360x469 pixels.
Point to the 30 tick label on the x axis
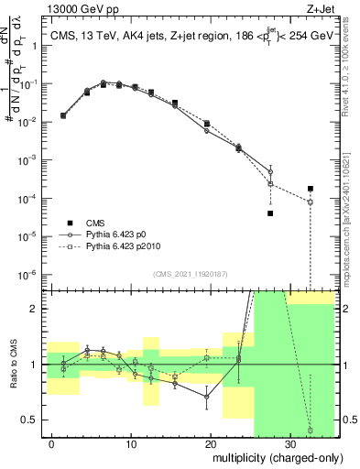pyautogui.click(x=289, y=444)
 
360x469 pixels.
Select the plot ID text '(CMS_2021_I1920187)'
pyautogui.click(x=190, y=274)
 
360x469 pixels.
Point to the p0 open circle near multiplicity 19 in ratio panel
pyautogui.click(x=207, y=397)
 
